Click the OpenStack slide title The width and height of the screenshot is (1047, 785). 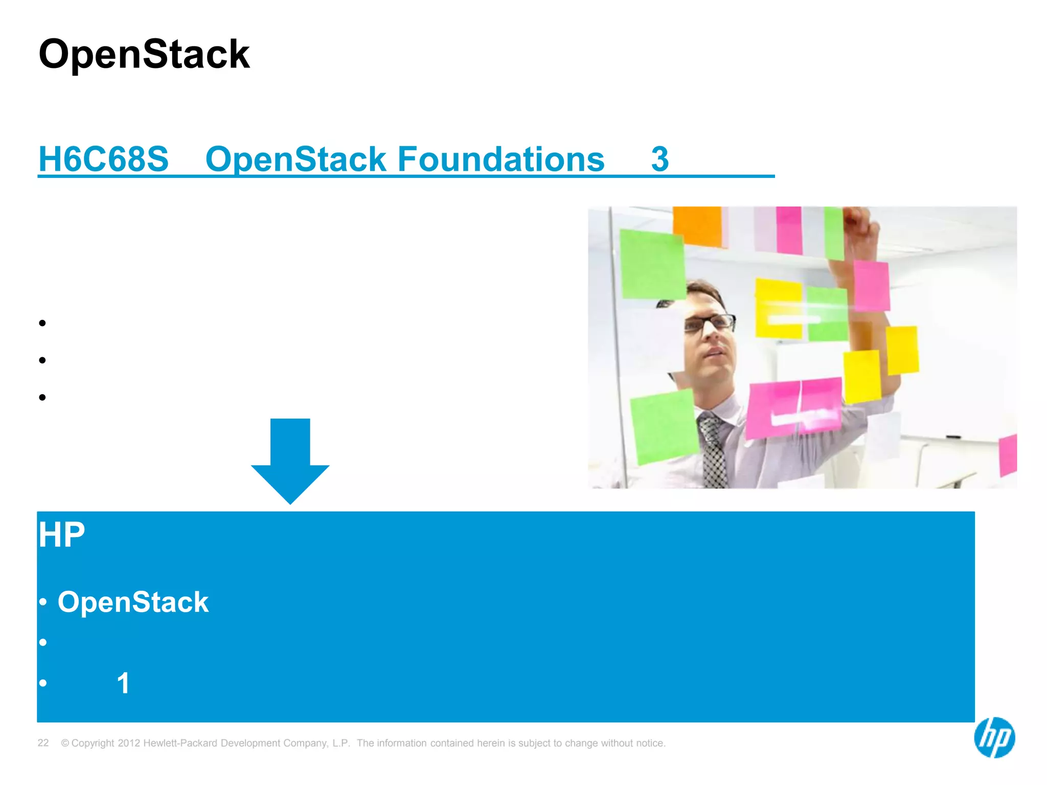click(x=144, y=54)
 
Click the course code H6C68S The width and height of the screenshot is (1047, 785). click(x=103, y=159)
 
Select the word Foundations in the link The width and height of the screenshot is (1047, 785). click(x=500, y=159)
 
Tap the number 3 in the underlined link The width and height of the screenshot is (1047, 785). click(x=659, y=159)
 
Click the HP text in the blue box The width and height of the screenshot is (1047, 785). click(x=61, y=535)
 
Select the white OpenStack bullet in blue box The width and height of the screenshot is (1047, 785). click(x=133, y=602)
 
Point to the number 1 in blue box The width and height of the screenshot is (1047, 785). click(x=123, y=683)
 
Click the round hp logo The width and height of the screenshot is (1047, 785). click(x=994, y=737)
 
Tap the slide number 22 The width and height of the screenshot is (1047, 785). click(x=43, y=743)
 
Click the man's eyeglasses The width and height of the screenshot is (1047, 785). click(x=711, y=324)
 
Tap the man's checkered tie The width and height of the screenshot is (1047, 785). click(x=714, y=450)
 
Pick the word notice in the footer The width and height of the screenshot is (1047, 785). click(x=649, y=743)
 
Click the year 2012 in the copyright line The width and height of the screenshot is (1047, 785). click(x=129, y=743)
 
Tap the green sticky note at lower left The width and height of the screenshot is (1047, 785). click(x=663, y=426)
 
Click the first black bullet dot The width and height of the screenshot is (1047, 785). click(x=42, y=323)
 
